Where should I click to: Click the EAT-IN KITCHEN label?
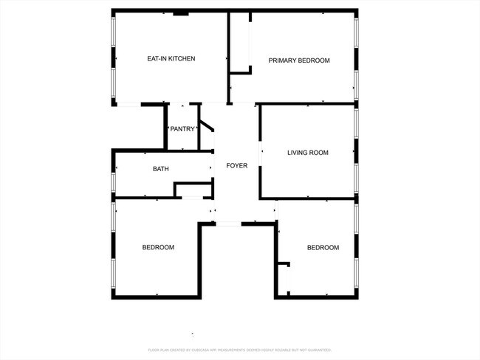171,59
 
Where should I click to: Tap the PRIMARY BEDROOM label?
298,60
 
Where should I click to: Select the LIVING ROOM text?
307,153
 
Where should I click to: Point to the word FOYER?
236,165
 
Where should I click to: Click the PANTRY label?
182,129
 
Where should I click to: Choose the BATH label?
160,169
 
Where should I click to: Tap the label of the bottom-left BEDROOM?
158,247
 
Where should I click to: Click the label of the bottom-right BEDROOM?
323,247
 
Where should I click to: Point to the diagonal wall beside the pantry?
207,127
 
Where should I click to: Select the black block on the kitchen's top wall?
181,13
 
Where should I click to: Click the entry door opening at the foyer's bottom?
228,223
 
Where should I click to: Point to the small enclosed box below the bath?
190,190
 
